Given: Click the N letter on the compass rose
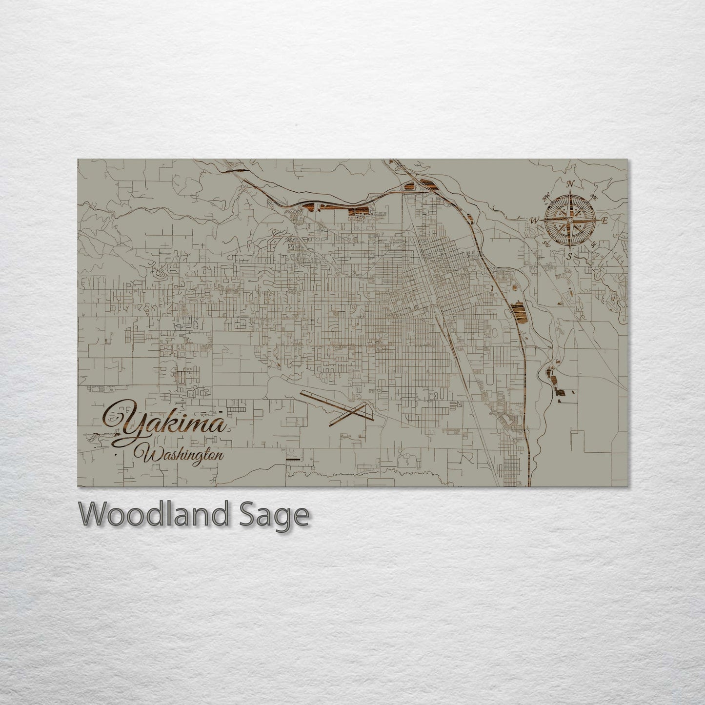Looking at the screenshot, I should click(x=569, y=184).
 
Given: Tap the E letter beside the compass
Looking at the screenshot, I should click(x=604, y=221).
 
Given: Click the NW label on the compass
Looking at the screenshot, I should click(x=546, y=198).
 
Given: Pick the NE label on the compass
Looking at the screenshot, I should click(x=594, y=197).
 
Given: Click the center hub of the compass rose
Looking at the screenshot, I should click(x=569, y=220).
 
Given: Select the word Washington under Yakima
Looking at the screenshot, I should click(x=181, y=455).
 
